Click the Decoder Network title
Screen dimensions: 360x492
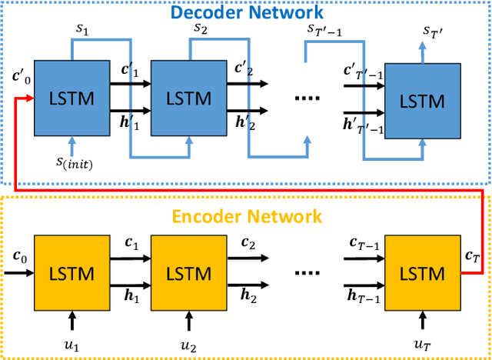tap(247, 13)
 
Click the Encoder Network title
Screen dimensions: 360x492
tap(248, 216)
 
